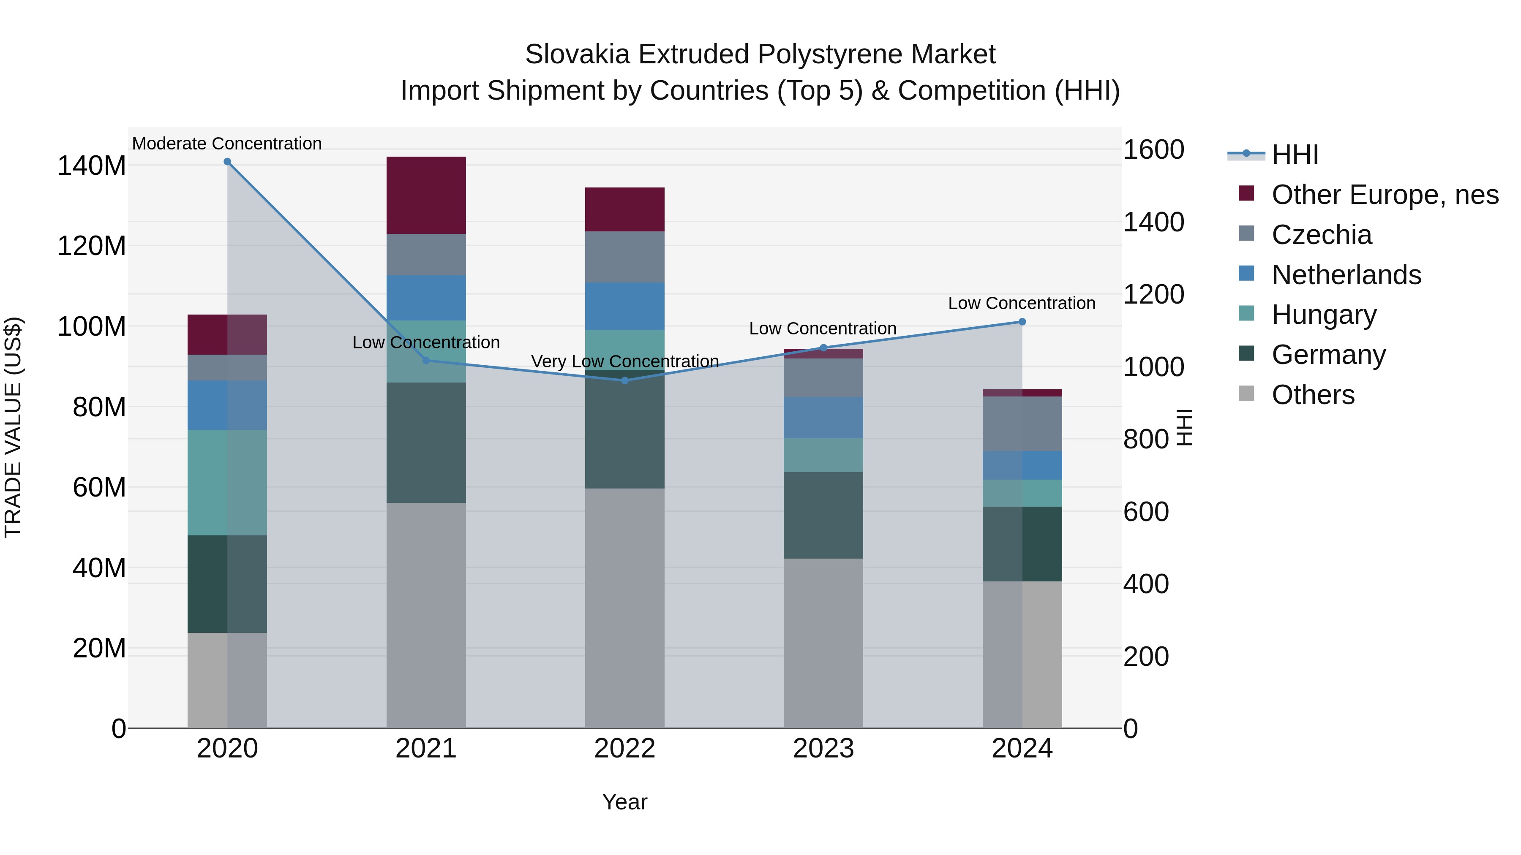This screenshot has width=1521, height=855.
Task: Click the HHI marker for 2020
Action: pos(227,162)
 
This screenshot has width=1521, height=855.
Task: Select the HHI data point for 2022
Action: pos(625,380)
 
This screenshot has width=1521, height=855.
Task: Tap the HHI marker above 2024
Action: pos(1022,322)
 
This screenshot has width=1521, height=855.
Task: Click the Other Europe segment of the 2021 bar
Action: pos(426,195)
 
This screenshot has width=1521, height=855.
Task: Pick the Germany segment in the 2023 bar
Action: pos(823,515)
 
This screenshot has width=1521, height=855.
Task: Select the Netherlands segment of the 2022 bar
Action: pos(625,306)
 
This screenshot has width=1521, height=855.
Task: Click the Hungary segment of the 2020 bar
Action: pos(227,482)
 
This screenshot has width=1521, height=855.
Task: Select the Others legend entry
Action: pos(1313,395)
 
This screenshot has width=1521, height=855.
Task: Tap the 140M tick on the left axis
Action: pos(92,166)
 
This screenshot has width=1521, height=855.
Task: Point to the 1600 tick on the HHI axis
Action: pos(1153,150)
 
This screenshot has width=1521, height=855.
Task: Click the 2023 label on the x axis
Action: pos(823,749)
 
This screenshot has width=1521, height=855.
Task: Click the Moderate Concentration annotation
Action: pos(227,144)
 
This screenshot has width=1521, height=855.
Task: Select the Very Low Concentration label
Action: pos(625,361)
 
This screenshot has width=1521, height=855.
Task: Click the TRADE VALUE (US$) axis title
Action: pos(13,427)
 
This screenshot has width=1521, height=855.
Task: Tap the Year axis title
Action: pos(625,802)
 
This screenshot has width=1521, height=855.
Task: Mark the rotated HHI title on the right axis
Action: pos(1184,427)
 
